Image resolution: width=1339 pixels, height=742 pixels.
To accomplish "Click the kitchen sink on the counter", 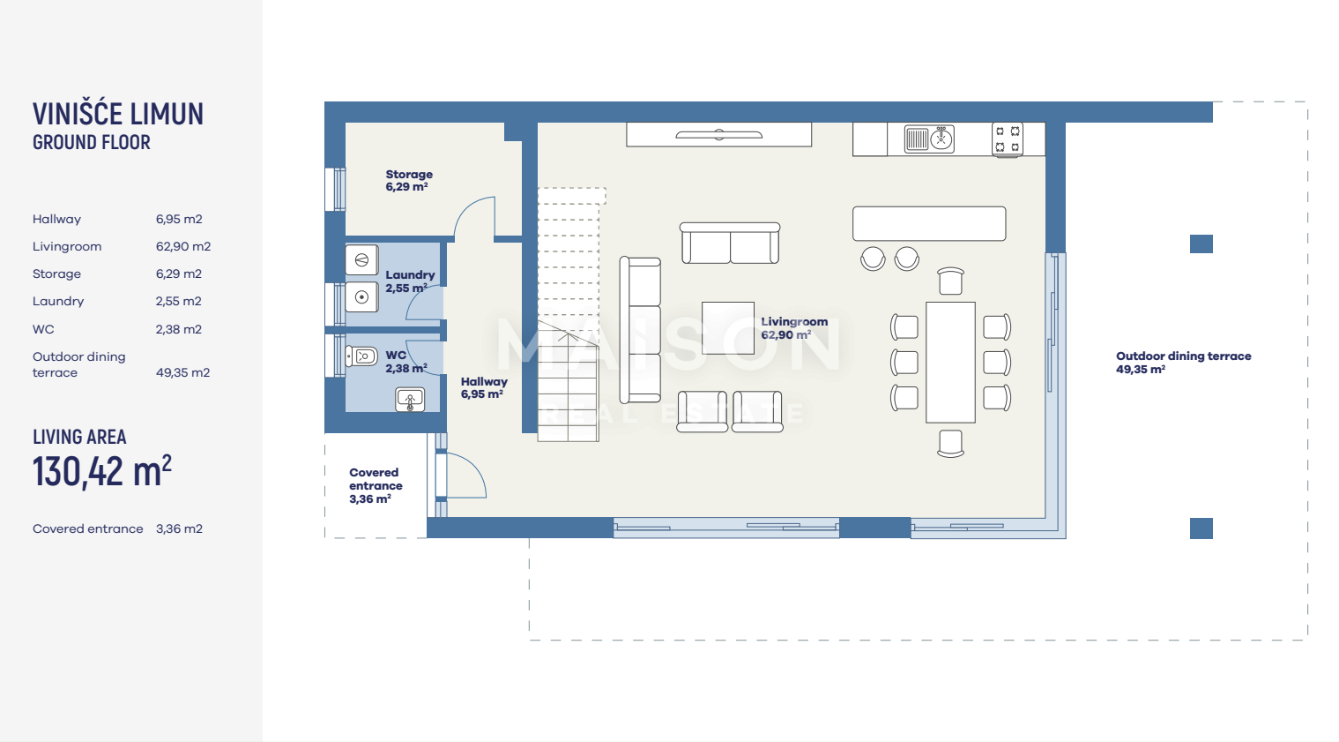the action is click(x=929, y=139).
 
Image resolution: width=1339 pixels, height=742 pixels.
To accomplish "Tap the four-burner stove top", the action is click(x=1008, y=139).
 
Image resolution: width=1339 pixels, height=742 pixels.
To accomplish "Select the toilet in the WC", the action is click(x=361, y=356).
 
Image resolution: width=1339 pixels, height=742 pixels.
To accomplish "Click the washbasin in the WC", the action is click(x=410, y=400).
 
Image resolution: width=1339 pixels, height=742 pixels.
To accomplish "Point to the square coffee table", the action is click(x=727, y=328).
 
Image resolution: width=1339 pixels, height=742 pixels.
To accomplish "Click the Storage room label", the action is click(x=409, y=180).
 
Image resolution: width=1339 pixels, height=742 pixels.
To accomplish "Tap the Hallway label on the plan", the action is click(x=484, y=387).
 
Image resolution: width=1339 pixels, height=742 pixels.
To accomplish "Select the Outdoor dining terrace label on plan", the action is click(x=1184, y=363).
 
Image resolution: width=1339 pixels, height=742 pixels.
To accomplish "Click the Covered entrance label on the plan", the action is click(x=376, y=485).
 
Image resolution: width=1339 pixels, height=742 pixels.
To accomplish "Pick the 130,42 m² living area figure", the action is click(x=102, y=471).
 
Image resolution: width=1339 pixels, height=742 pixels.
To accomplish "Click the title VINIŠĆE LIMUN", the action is click(x=118, y=114).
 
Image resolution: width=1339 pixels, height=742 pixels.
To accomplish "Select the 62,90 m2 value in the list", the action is click(x=183, y=246).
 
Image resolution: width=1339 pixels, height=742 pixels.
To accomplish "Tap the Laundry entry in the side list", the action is click(x=58, y=301).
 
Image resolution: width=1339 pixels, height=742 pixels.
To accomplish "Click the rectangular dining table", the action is click(x=950, y=363).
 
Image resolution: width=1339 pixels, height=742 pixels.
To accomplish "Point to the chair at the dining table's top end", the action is click(x=950, y=281).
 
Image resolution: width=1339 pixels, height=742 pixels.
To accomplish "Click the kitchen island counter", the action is click(x=929, y=224).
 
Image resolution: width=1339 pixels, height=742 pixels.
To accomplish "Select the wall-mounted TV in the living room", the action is click(x=719, y=135).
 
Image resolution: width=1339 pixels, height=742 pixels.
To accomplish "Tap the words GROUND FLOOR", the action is click(x=92, y=142).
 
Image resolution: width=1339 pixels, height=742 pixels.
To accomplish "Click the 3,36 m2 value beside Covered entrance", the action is click(x=179, y=529).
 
